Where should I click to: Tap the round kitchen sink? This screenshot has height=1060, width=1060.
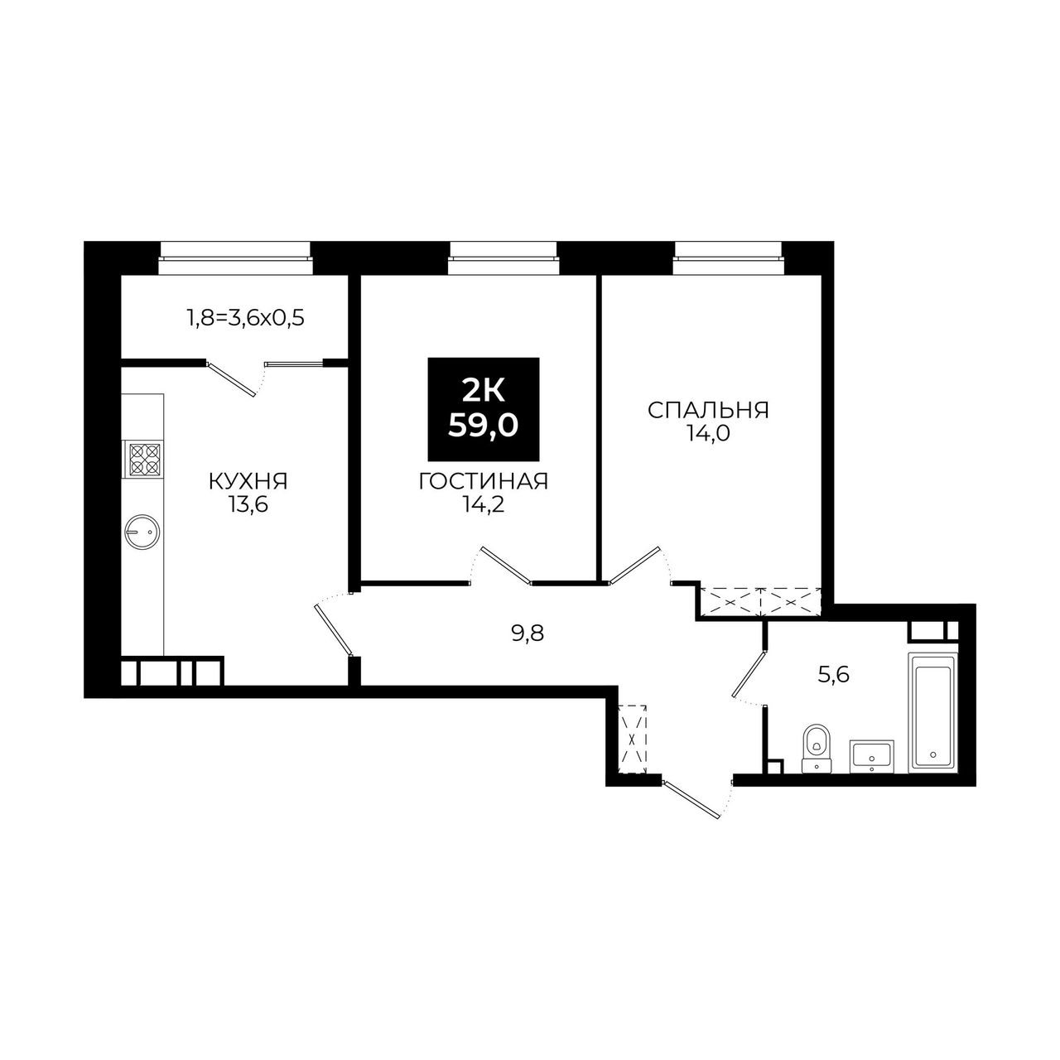pos(142,532)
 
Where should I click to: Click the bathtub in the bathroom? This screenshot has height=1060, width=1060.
pos(932,712)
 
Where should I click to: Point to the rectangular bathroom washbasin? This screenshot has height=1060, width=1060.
pos(872,756)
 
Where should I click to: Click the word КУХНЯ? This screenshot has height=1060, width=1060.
pos(248,482)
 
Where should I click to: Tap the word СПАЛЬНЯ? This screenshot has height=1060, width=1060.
pos(708,411)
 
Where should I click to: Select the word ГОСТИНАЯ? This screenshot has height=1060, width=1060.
pos(484,481)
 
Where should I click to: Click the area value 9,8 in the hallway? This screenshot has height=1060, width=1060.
pos(527,634)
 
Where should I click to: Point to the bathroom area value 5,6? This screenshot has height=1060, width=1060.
pos(834,674)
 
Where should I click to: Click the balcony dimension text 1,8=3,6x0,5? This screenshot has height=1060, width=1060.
pos(246,319)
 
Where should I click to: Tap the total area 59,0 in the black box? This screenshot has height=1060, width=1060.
pos(483,425)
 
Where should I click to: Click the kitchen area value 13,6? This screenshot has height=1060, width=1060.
pos(248,505)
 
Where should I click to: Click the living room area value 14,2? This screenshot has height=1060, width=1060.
pos(484,504)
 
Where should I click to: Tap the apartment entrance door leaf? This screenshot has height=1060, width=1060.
pos(691,799)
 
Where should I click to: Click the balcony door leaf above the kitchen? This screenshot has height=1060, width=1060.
pos(232,378)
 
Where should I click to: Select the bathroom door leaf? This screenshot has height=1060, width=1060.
pos(749,674)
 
